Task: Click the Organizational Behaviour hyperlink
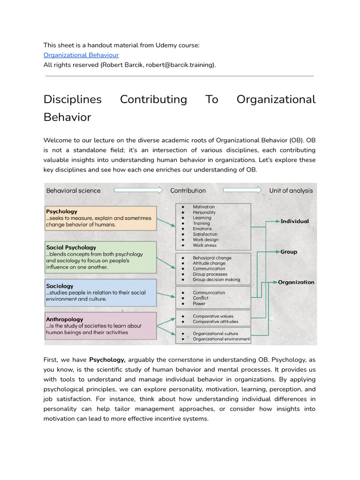pos(81,55)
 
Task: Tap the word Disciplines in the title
pos(72,99)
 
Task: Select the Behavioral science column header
pos(73,190)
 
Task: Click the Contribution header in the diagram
pos(187,190)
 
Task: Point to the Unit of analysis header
pos(291,190)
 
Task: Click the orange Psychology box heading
pos(62,211)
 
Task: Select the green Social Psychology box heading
pos(71,247)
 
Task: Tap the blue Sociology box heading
pos(60,285)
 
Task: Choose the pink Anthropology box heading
pos(65,319)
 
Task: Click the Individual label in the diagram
pos(294,221)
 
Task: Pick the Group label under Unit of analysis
pos(289,252)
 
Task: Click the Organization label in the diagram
pos(296,282)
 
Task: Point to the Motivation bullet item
pos(203,207)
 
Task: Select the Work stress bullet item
pos(205,245)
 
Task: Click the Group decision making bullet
pos(216,279)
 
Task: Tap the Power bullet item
pos(199,303)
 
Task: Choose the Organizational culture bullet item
pos(216,333)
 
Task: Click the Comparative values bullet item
pos(213,316)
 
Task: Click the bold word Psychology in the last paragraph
pos(107,360)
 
